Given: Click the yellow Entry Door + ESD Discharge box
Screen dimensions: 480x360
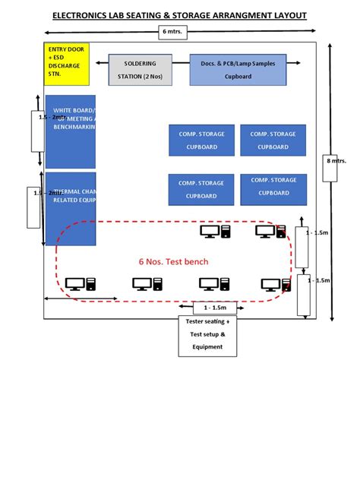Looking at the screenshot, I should point(67,64).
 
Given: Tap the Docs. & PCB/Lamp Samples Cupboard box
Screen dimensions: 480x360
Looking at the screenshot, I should point(238,69).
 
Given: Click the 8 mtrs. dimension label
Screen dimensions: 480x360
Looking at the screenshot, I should point(335,161).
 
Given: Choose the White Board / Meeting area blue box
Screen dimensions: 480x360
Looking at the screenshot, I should point(71,131).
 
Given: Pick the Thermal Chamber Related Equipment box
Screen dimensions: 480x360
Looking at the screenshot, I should point(71,209).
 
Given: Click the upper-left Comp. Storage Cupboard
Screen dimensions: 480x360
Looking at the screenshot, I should point(201,141).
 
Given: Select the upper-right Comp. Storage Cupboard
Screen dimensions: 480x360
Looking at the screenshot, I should point(273,141).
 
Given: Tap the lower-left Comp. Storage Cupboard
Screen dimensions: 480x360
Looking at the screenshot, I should point(201,189).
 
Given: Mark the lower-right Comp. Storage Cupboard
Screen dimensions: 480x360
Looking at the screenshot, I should point(273,189).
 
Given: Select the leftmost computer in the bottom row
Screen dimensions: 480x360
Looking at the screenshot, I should point(80,285).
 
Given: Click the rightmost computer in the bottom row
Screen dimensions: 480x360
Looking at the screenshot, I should point(274,285).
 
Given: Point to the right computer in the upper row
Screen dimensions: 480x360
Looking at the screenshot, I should point(268,231).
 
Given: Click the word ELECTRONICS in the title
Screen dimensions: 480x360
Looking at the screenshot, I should point(86,14).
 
